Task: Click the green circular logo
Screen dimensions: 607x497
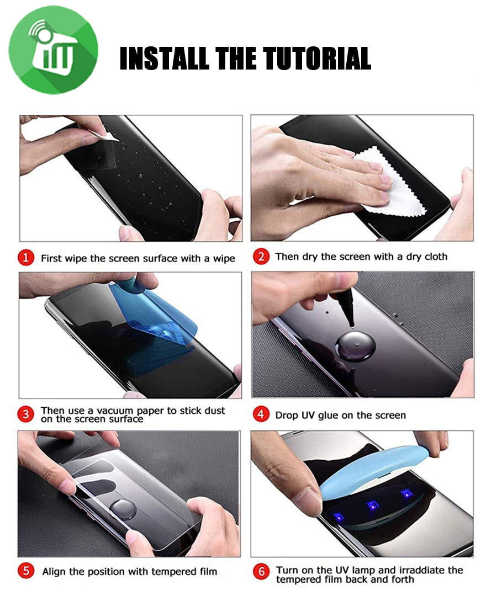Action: point(54,50)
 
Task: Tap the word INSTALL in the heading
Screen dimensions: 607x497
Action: point(164,58)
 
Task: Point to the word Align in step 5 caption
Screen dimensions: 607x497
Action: point(55,571)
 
